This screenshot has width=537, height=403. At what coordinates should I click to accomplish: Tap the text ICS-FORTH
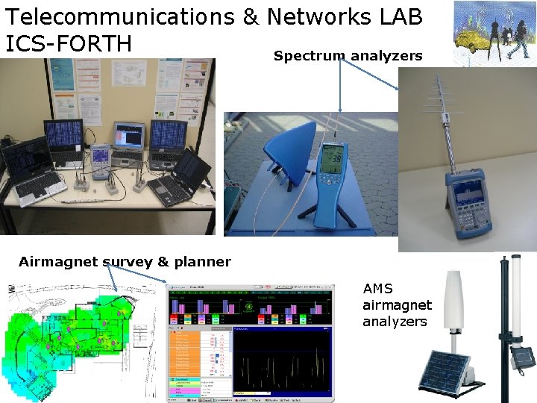pos(68,43)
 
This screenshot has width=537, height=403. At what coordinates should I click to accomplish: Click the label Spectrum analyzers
pos(348,56)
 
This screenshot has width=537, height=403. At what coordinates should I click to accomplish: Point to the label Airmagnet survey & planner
pos(125,262)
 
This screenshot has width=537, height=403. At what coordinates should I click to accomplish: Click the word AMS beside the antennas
pos(378,289)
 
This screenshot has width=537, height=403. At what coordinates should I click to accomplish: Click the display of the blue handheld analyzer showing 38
pos(330,160)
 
